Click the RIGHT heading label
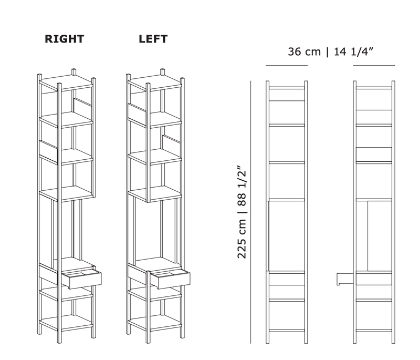(65, 39)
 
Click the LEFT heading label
(153, 39)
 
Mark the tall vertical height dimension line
(251, 210)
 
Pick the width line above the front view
(287, 66)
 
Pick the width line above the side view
(374, 66)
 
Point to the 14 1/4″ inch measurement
(355, 52)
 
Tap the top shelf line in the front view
(287, 88)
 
